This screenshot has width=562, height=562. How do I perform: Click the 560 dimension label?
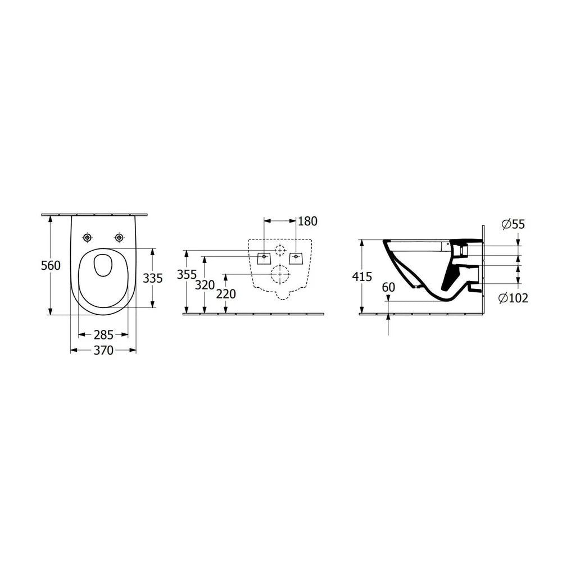click(51, 266)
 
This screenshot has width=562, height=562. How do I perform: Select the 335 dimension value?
click(153, 278)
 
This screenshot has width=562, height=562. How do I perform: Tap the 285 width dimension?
click(103, 335)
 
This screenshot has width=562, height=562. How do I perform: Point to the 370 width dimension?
click(103, 350)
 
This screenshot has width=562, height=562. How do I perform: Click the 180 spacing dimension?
click(307, 221)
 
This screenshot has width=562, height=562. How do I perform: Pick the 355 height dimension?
click(187, 275)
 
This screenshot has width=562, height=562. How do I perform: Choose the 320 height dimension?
click(205, 285)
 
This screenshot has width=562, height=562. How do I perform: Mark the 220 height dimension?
click(226, 294)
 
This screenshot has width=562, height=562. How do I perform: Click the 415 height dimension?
click(362, 277)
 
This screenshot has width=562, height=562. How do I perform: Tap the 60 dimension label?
click(388, 287)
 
